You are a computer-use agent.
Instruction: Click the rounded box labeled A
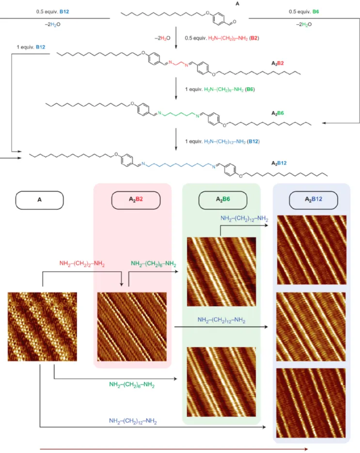pos(40,200)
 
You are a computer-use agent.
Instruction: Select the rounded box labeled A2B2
pos(136,200)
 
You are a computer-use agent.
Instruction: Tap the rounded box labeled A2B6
pos(223,200)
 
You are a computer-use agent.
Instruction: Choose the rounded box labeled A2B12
pos(313,200)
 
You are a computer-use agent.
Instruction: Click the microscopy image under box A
pos(42,327)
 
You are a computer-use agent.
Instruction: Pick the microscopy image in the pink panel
pos(132,327)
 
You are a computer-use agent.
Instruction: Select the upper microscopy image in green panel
pos(221,272)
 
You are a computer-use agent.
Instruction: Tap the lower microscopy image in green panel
pos(221,382)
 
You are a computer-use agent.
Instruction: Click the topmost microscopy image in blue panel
pos(312,250)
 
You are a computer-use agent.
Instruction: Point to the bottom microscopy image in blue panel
pos(311,403)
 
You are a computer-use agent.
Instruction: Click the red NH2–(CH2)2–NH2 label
pos(82,264)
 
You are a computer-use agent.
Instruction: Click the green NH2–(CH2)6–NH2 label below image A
pos(132,385)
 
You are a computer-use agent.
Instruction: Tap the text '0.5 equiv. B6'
pos(304,12)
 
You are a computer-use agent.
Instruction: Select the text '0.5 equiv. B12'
pos(53,12)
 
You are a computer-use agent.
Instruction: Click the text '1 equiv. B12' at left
pos(31,47)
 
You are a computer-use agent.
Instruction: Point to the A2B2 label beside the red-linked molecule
pos(277,63)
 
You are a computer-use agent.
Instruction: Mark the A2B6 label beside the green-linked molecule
pos(277,113)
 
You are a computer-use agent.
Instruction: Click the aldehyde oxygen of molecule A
pos(235,22)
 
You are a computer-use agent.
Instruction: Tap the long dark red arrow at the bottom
pos(174,449)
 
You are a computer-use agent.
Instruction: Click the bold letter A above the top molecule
pos(237,4)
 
